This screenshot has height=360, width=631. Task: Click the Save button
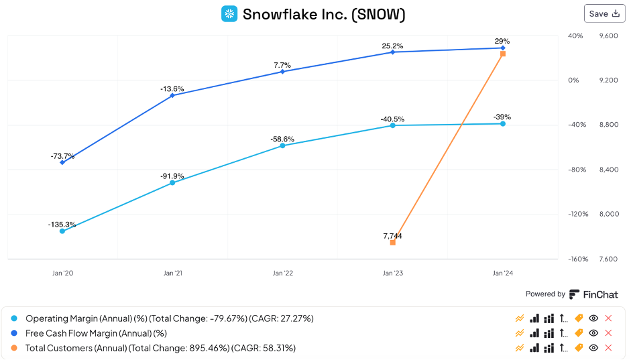coord(604,13)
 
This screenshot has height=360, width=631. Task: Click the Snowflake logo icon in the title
coord(229,14)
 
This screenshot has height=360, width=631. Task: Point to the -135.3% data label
coord(62,224)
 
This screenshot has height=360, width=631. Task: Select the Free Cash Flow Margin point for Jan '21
coord(172,95)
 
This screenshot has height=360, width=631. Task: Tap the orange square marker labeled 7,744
coord(392,242)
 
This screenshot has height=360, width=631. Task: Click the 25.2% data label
coord(392,46)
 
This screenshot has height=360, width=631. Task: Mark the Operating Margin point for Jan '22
coord(282,145)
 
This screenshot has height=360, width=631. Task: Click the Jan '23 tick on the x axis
coord(392,274)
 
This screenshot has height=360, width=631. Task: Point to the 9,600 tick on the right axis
coord(608,36)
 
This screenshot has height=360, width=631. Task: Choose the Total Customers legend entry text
coord(160,348)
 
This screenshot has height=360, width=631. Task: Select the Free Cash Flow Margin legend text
coord(96,333)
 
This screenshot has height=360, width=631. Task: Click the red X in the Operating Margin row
coord(609,318)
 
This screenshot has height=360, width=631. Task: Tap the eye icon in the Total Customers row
coord(593,348)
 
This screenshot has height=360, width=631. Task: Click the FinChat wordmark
coord(600,294)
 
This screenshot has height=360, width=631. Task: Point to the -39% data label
coord(502,117)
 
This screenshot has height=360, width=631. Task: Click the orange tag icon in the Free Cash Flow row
coord(579,333)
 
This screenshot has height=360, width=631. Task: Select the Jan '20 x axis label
coord(62,274)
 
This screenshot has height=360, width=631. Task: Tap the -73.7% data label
coord(62,156)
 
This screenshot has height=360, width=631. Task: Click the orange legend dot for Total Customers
coord(15,348)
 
